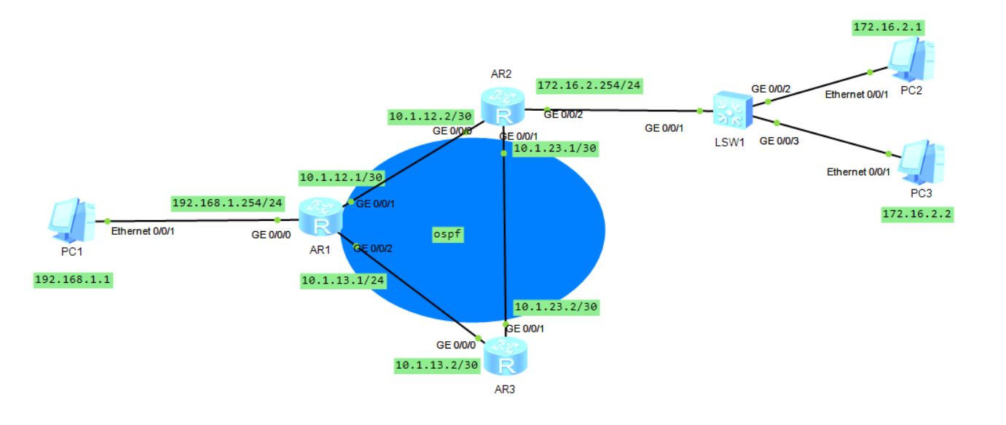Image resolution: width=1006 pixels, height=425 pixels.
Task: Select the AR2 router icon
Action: point(502,107)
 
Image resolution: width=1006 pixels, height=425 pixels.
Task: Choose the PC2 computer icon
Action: point(911,60)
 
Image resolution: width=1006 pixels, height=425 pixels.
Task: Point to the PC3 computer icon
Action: point(921,162)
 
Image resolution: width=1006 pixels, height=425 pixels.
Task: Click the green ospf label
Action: point(448,235)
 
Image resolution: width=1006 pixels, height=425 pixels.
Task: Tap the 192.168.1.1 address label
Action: point(73,280)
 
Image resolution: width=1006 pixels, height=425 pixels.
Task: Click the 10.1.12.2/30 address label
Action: point(431,115)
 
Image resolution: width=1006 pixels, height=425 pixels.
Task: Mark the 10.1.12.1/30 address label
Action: point(341,177)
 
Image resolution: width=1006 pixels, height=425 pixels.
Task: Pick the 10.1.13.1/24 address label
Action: point(343,281)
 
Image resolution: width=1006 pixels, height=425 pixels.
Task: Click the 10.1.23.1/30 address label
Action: point(555,149)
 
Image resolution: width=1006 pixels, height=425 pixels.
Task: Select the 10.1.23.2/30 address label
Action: point(555,307)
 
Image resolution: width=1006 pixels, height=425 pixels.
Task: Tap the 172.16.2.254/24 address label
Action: point(589,85)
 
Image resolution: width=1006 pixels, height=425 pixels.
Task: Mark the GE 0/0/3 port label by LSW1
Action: point(779,141)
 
